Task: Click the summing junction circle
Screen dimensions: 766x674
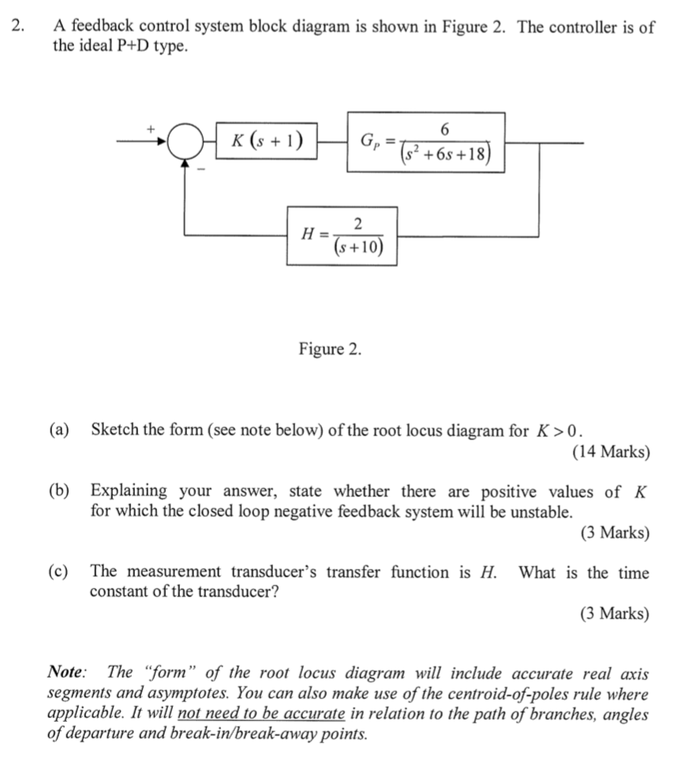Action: (x=185, y=143)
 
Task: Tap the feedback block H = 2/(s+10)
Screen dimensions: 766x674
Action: (x=342, y=235)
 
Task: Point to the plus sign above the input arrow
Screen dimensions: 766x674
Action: (x=148, y=126)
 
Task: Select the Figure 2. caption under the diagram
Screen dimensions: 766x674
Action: (x=330, y=349)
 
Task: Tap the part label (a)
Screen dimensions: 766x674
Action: (x=58, y=430)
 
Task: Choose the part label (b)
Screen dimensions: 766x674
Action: (x=58, y=491)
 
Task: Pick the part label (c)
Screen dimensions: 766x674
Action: (x=58, y=572)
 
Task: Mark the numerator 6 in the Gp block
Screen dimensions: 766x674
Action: (x=446, y=129)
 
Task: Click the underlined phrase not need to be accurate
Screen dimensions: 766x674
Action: (x=262, y=715)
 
